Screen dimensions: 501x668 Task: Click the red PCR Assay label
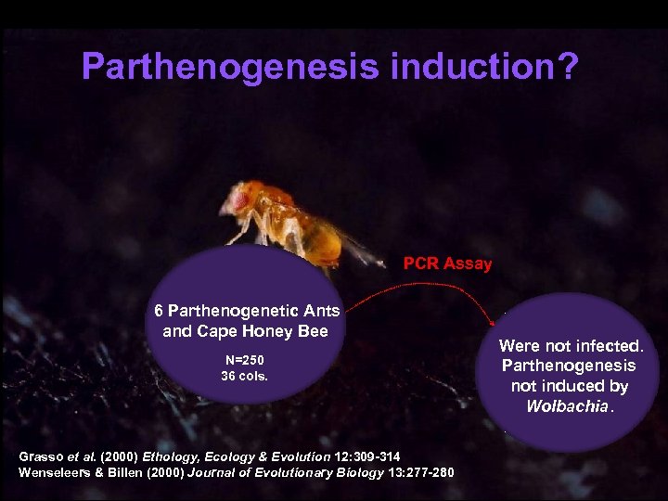447,263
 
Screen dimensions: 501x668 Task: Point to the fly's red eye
239,199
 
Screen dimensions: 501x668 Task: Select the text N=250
244,360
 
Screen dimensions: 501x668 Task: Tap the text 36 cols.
244,376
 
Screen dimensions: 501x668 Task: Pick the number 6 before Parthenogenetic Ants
160,311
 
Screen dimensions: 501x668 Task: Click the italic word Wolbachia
565,406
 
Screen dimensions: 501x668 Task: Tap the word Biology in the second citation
354,472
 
